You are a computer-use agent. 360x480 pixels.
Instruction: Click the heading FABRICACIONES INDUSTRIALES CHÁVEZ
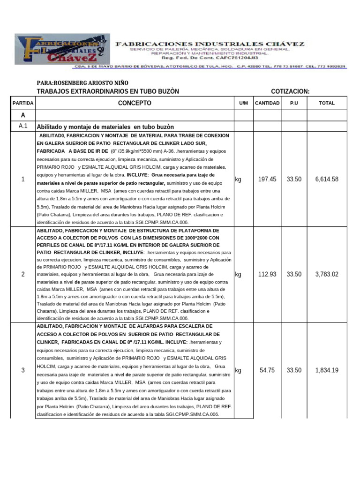(x=210, y=44)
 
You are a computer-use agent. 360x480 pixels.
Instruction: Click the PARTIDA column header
(x=22, y=103)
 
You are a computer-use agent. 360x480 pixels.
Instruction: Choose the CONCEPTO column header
(x=135, y=103)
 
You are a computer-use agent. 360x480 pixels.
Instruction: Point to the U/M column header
(x=243, y=103)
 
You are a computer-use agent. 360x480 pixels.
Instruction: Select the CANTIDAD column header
(x=267, y=103)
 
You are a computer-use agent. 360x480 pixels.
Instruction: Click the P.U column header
(x=294, y=103)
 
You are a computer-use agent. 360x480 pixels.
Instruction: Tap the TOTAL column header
(x=327, y=103)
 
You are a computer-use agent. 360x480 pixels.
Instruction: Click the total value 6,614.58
(x=327, y=179)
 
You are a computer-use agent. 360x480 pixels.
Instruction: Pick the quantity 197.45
(x=267, y=179)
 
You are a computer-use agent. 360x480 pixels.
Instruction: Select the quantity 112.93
(x=267, y=274)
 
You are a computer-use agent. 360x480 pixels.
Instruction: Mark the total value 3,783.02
(x=327, y=274)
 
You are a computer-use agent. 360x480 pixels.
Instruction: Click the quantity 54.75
(x=267, y=370)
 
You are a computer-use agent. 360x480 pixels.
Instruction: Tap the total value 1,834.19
(x=327, y=370)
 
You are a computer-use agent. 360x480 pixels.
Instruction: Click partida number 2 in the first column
(x=23, y=274)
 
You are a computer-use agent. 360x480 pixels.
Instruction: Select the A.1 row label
(x=23, y=127)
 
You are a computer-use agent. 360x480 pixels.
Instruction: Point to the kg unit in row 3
(x=238, y=370)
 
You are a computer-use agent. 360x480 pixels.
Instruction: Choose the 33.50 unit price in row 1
(x=294, y=179)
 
